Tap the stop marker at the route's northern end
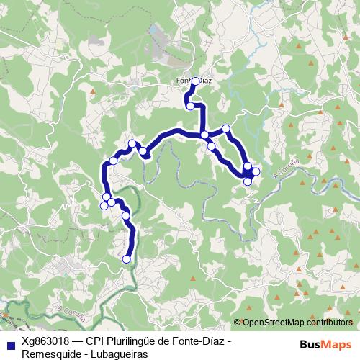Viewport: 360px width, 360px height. tap(195, 81)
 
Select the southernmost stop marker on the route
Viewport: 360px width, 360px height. tap(127, 259)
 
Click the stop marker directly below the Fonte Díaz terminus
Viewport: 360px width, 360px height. tap(190, 106)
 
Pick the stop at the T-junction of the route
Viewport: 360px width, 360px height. tap(204, 135)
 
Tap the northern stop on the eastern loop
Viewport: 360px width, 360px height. tap(226, 129)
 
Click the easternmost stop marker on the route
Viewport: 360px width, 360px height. tap(256, 171)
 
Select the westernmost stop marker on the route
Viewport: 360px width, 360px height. tap(104, 206)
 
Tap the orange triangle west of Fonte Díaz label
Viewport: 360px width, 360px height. tap(93, 91)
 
